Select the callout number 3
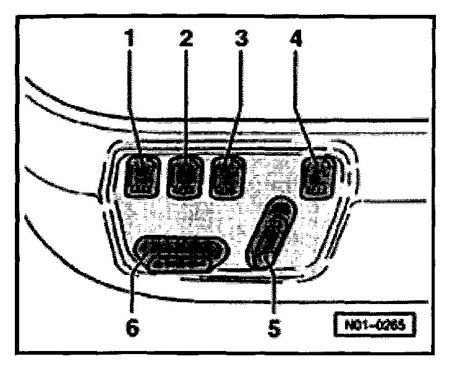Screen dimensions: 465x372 [x=241, y=41]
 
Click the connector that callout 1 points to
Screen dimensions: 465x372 [x=143, y=175]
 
